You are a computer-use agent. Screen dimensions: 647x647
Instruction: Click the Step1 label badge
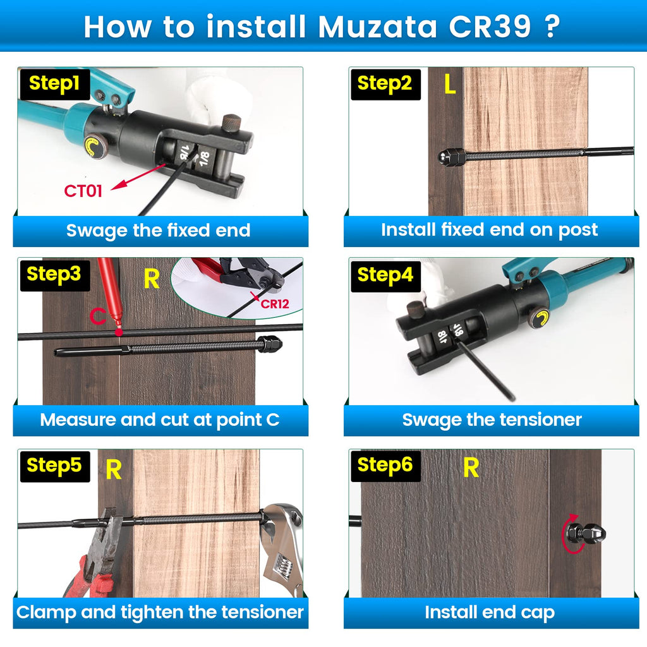click(55, 84)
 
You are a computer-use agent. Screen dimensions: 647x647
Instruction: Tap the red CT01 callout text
click(83, 191)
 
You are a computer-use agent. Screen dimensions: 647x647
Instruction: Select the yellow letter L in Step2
click(450, 84)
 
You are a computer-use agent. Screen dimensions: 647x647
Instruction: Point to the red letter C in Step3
click(98, 316)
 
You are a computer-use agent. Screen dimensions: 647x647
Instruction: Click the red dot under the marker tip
click(119, 332)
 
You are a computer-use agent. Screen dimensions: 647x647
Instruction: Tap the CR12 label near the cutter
click(275, 304)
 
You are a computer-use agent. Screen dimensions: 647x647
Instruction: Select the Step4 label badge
click(385, 275)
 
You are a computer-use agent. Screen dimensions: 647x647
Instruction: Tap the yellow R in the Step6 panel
click(471, 468)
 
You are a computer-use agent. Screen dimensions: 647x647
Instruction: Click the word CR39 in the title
click(490, 27)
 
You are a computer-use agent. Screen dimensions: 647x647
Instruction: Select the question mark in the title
click(552, 27)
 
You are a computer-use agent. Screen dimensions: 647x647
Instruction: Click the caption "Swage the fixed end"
click(159, 230)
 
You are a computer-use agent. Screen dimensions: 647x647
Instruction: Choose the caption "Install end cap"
click(490, 613)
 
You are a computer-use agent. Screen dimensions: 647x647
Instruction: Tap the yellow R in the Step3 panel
click(152, 279)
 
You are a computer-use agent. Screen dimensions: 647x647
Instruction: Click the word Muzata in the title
click(377, 27)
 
